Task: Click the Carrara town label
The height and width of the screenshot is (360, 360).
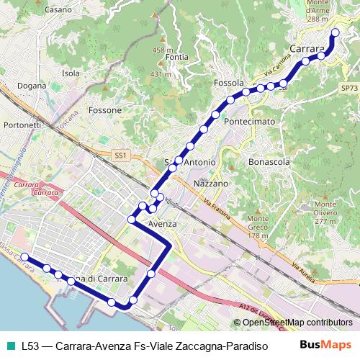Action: pyautogui.click(x=307, y=49)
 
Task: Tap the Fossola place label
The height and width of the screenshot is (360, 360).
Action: pyautogui.click(x=230, y=83)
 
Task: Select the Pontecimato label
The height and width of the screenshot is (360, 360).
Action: pyautogui.click(x=250, y=122)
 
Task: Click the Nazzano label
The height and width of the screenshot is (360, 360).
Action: pyautogui.click(x=211, y=184)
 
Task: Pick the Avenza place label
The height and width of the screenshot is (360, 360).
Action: pyautogui.click(x=162, y=225)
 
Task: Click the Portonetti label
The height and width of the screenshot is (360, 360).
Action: pyautogui.click(x=22, y=125)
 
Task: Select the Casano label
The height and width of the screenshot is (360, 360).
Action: pyautogui.click(x=58, y=10)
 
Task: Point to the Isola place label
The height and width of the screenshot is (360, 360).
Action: pyautogui.click(x=71, y=73)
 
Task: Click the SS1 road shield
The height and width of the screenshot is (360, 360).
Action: pyautogui.click(x=120, y=155)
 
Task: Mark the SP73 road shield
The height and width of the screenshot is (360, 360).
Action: pyautogui.click(x=348, y=88)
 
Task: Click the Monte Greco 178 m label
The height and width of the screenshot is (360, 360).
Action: pyautogui.click(x=258, y=227)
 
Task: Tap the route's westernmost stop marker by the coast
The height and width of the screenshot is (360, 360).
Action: pyautogui.click(x=24, y=257)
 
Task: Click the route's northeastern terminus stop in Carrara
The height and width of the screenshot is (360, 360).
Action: pyautogui.click(x=335, y=33)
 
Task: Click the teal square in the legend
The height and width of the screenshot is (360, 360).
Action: pyautogui.click(x=11, y=346)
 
